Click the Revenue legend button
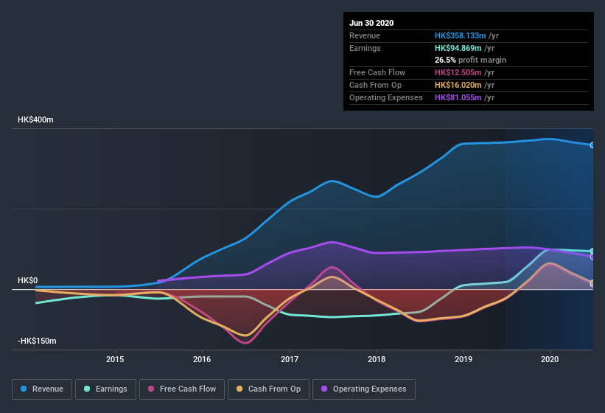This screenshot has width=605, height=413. (42, 389)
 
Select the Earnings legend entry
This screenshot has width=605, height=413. (105, 389)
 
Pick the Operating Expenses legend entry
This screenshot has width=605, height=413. (364, 389)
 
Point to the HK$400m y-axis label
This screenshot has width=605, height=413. (36, 119)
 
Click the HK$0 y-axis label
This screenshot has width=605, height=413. (27, 281)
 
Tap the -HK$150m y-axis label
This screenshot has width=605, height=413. (38, 341)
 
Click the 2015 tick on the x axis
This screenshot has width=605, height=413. (115, 359)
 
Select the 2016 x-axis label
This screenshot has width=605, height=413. (202, 359)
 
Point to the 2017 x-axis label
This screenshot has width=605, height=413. (290, 359)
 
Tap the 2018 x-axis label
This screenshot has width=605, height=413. (377, 359)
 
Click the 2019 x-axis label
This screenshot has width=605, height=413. (464, 359)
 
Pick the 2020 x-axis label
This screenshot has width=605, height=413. (550, 359)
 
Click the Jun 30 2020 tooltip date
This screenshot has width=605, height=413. (372, 23)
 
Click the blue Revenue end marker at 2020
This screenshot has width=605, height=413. (592, 145)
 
